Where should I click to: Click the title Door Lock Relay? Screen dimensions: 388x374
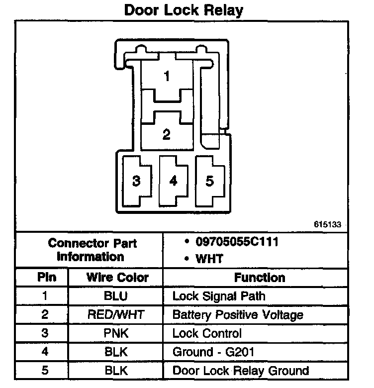pyautogui.click(x=184, y=10)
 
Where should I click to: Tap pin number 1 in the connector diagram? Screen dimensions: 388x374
pyautogui.click(x=167, y=76)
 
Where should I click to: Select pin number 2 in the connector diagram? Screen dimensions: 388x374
pyautogui.click(x=167, y=134)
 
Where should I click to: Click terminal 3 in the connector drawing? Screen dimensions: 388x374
pyautogui.click(x=136, y=181)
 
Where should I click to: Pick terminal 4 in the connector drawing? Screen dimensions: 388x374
pyautogui.click(x=173, y=181)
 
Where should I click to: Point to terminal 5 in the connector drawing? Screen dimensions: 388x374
pyautogui.click(x=210, y=181)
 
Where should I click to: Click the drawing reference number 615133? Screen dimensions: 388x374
pyautogui.click(x=327, y=224)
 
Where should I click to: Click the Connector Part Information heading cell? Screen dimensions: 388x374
pyautogui.click(x=93, y=250)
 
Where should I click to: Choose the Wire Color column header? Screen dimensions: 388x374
pyautogui.click(x=117, y=278)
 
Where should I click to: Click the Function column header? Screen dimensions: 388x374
pyautogui.click(x=260, y=278)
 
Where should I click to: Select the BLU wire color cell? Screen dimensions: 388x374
pyautogui.click(x=115, y=296)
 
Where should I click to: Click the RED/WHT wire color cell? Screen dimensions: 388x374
pyautogui.click(x=115, y=315)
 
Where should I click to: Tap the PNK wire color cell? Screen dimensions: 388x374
pyautogui.click(x=115, y=333)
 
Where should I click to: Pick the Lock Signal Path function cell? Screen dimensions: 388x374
pyautogui.click(x=219, y=296)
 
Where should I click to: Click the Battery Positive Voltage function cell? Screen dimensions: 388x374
pyautogui.click(x=238, y=315)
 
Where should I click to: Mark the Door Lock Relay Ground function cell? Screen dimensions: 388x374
pyautogui.click(x=241, y=371)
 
